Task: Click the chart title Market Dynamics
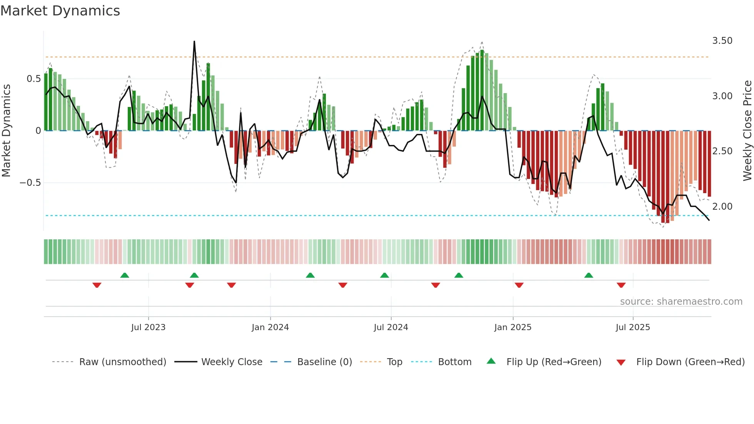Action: [x=60, y=11]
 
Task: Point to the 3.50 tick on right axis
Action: [x=722, y=41]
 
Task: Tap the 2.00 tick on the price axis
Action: [x=722, y=207]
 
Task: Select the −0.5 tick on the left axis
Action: [x=30, y=183]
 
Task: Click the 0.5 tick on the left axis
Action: [x=33, y=79]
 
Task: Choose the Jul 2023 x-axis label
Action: [x=148, y=327]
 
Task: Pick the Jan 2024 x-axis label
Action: [x=270, y=327]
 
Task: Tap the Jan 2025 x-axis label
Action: [x=512, y=327]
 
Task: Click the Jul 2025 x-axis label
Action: [x=632, y=327]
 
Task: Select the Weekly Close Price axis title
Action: [x=747, y=130]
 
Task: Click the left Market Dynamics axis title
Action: [x=7, y=130]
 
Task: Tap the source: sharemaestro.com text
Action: [x=681, y=302]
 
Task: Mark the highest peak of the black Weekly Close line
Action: [x=194, y=41]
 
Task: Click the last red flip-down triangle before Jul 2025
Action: [x=621, y=285]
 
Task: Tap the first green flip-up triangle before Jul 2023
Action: [x=125, y=275]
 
